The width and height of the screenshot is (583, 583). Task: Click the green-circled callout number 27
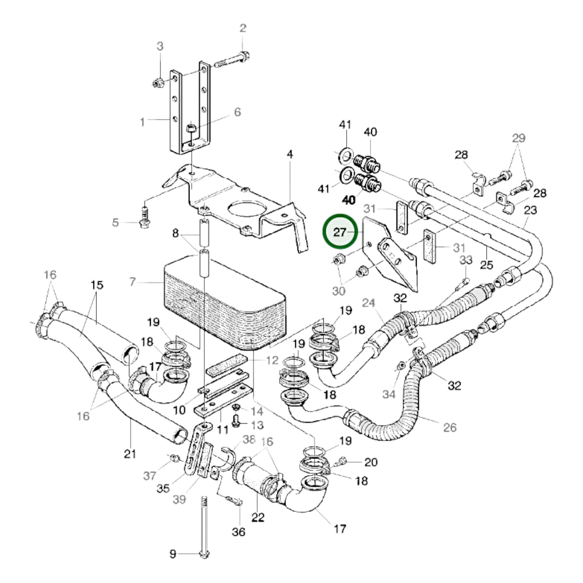point(340,232)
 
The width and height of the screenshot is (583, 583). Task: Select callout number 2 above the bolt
point(242,28)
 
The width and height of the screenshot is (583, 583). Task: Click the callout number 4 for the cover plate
point(290,154)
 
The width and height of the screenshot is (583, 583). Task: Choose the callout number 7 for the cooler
point(133,282)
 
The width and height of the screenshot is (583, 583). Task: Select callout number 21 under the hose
point(130,454)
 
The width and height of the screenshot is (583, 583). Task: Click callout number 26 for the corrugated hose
point(450,427)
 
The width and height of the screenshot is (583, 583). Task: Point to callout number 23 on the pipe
point(530,210)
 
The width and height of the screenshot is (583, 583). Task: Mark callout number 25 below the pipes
point(487,265)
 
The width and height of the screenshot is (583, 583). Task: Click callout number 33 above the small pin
point(466,260)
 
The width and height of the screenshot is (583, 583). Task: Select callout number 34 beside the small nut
point(389,394)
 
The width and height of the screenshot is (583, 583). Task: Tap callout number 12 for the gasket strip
point(272,360)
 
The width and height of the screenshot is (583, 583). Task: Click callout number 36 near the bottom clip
point(238,532)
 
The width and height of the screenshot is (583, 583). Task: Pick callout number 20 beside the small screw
point(371,462)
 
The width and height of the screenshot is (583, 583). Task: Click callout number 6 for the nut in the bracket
point(237,112)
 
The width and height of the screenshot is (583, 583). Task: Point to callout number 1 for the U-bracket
point(142,122)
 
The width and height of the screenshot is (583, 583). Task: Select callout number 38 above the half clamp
point(249,440)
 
